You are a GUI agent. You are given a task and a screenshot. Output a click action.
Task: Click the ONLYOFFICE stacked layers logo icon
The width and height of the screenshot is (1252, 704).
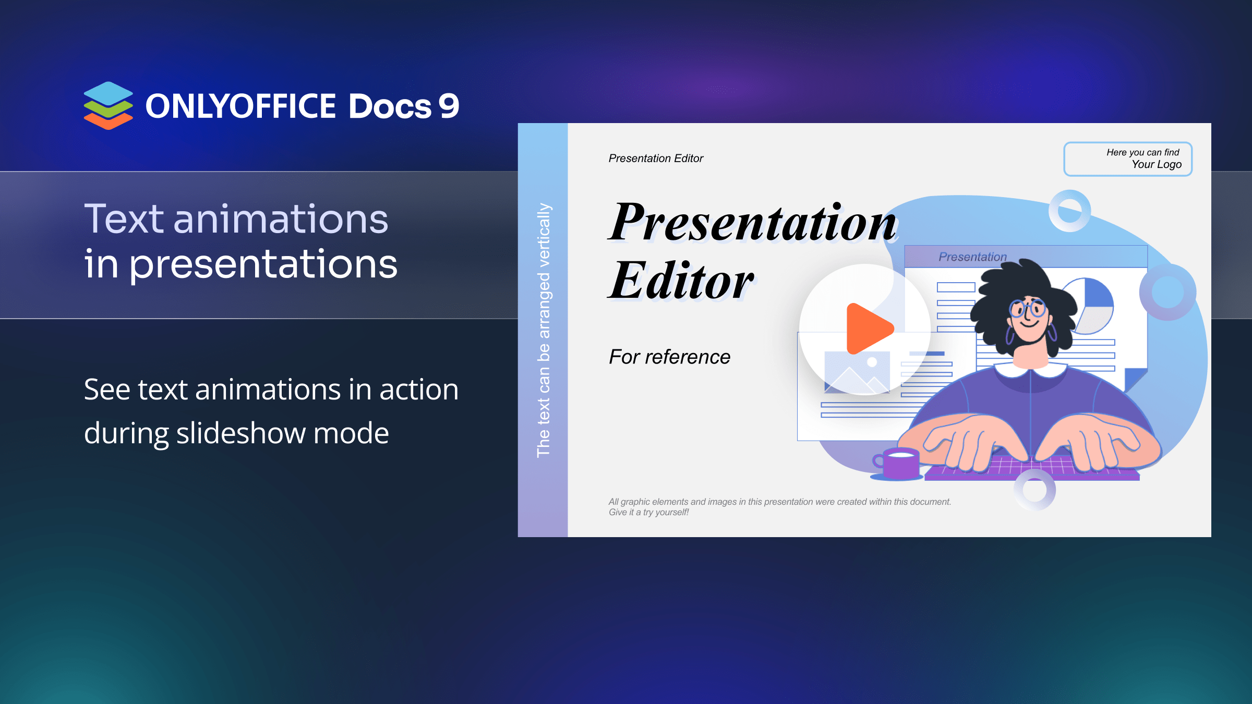coord(109,105)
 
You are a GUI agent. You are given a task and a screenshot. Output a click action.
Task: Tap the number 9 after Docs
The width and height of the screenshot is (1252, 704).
coord(449,106)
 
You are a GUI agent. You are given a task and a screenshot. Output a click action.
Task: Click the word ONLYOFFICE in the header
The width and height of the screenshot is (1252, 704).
coord(240,106)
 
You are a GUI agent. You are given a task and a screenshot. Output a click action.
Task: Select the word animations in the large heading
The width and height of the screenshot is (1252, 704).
coord(281,219)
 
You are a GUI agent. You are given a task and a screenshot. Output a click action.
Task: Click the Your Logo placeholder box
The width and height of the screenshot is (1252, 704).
coord(1128,159)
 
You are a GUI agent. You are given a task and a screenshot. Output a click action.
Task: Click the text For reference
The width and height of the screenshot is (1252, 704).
coord(670,357)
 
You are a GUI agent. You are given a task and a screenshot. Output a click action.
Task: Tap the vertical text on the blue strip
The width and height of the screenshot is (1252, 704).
coord(544,330)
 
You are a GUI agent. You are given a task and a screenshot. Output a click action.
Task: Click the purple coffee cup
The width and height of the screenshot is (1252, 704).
coord(896,463)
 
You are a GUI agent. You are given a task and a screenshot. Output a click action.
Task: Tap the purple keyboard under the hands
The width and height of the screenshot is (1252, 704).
coord(1032,467)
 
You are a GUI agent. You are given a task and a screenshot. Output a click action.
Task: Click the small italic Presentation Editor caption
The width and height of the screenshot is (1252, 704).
coord(656,159)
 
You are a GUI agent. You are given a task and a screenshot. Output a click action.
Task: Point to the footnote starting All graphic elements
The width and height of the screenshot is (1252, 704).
coord(780,507)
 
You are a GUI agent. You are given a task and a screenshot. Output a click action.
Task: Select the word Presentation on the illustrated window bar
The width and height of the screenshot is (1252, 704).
coord(972,257)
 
